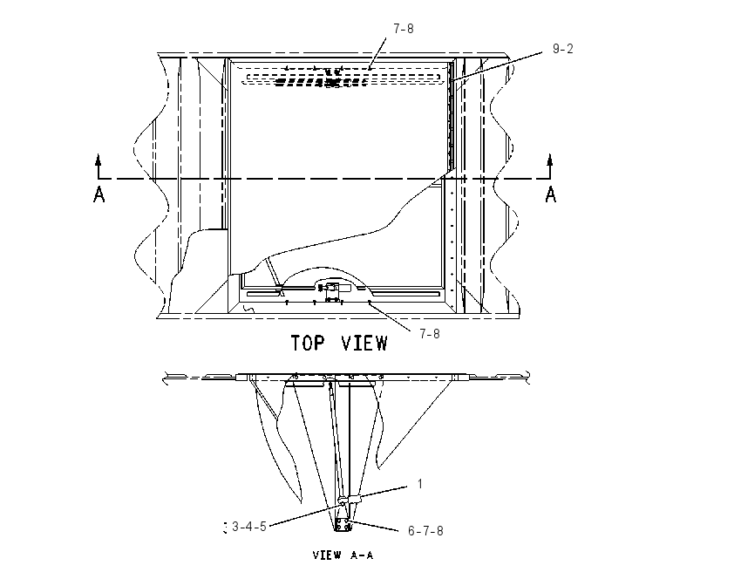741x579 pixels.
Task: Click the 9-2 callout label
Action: [x=563, y=49]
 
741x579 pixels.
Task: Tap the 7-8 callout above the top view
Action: [x=404, y=29]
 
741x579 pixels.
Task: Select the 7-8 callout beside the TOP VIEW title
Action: [x=430, y=334]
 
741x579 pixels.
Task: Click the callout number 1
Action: [x=419, y=484]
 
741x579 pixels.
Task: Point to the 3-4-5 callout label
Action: [x=249, y=527]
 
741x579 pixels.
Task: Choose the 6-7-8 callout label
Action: [x=425, y=531]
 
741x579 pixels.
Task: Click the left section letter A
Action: [x=99, y=194]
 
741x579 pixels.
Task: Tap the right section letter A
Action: [x=551, y=194]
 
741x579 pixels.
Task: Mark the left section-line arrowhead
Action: [x=99, y=160]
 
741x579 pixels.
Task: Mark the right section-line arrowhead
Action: [x=549, y=160]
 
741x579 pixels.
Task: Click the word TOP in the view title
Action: [x=308, y=344]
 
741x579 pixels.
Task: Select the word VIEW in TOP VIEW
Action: [x=364, y=344]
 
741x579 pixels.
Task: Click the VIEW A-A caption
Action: [x=343, y=555]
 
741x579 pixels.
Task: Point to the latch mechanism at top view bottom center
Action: [x=332, y=291]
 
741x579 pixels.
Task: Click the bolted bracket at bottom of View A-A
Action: [x=343, y=524]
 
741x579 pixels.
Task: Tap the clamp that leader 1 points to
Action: [x=350, y=499]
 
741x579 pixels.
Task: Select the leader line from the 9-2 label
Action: [x=496, y=67]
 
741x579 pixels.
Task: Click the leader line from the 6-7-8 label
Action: [x=373, y=526]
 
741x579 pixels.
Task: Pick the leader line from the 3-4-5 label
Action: [x=306, y=514]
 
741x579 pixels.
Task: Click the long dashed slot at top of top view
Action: [x=341, y=78]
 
